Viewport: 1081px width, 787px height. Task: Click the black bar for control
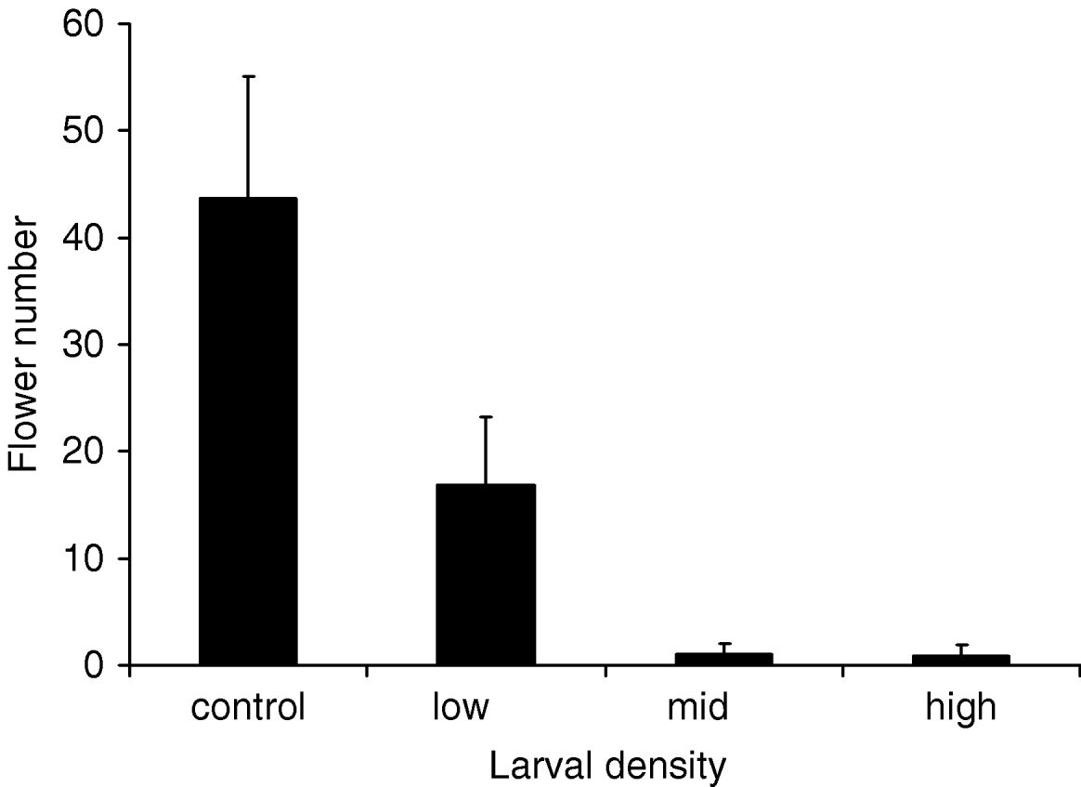tap(248, 431)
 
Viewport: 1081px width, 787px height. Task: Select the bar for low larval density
tap(486, 574)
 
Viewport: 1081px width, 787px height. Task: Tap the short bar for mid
tap(723, 659)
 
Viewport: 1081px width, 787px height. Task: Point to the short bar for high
tap(961, 660)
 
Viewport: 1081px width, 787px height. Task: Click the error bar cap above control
tap(248, 76)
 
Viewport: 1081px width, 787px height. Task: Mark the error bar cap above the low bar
tap(486, 417)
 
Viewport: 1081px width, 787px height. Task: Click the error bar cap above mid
tap(723, 644)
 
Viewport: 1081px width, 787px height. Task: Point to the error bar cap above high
tap(961, 645)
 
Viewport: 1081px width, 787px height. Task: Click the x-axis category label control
tap(248, 709)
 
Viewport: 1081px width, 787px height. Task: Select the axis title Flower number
tap(25, 346)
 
